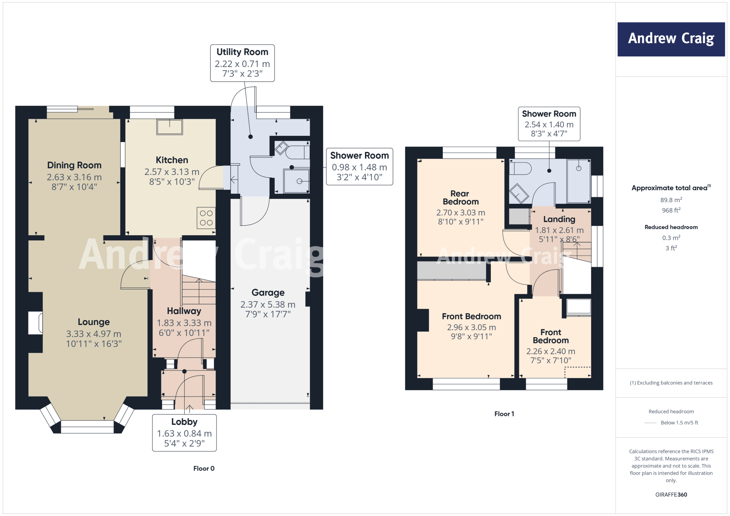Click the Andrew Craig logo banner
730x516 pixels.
tap(671, 39)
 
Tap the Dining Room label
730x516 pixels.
tap(74, 165)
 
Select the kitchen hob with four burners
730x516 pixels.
tap(206, 218)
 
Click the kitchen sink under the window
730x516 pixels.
tap(170, 127)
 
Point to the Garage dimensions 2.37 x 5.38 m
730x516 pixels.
tap(268, 305)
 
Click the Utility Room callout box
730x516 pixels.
tap(242, 63)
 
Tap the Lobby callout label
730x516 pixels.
tap(184, 422)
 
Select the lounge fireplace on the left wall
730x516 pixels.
tap(36, 323)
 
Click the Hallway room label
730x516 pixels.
tap(184, 311)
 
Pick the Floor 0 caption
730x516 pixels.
tap(204, 469)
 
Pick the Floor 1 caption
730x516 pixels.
tap(504, 414)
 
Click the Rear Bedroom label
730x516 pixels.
tap(460, 198)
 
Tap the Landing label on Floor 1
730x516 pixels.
tap(559, 220)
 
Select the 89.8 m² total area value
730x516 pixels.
tap(671, 200)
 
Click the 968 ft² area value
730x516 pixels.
tap(671, 211)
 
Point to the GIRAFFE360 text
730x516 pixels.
tap(671, 495)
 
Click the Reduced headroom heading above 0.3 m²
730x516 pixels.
tap(671, 227)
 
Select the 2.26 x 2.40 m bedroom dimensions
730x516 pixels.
tap(551, 351)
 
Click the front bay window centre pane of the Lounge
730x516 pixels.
tap(87, 427)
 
